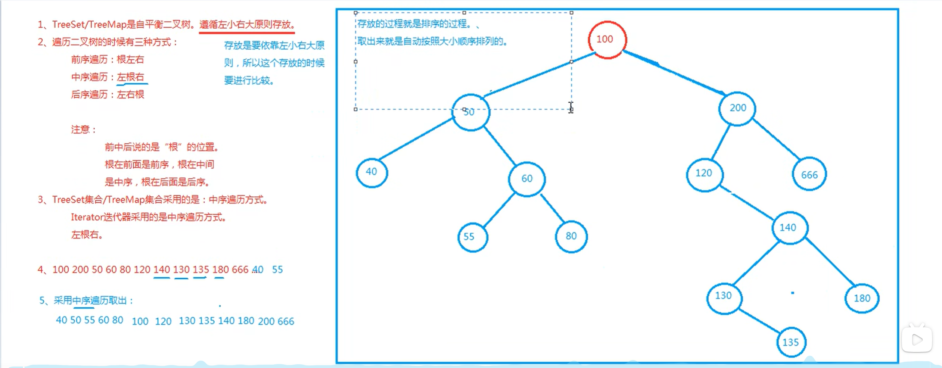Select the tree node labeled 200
tap(737, 108)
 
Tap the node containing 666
tap(809, 174)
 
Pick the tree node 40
tap(371, 172)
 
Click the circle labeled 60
tap(527, 179)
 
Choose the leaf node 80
tap(571, 236)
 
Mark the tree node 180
tap(862, 298)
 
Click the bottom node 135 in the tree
tap(791, 342)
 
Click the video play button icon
tap(917, 339)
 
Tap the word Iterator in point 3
tap(87, 217)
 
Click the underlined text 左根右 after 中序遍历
tap(130, 77)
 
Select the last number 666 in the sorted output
tap(286, 321)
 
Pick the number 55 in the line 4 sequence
tap(277, 269)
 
